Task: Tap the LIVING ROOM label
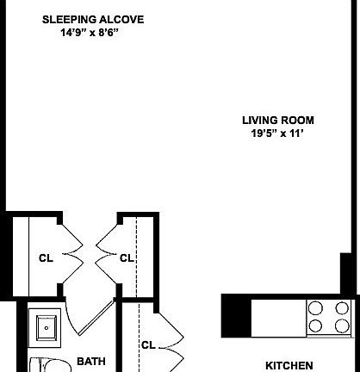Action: pyautogui.click(x=277, y=121)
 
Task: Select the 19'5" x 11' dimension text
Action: pyautogui.click(x=277, y=133)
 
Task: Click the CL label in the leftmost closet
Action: pyautogui.click(x=45, y=257)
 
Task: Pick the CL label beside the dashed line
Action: pyautogui.click(x=127, y=257)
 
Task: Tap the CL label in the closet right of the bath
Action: pyautogui.click(x=148, y=345)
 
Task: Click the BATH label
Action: pyautogui.click(x=90, y=362)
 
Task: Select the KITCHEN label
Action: pyautogui.click(x=289, y=365)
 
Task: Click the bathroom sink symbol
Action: pyautogui.click(x=45, y=326)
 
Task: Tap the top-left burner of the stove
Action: pyautogui.click(x=317, y=308)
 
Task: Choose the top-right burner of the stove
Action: pyautogui.click(x=342, y=308)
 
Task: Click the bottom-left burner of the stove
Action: pyautogui.click(x=317, y=325)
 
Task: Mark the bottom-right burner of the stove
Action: pyautogui.click(x=342, y=325)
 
